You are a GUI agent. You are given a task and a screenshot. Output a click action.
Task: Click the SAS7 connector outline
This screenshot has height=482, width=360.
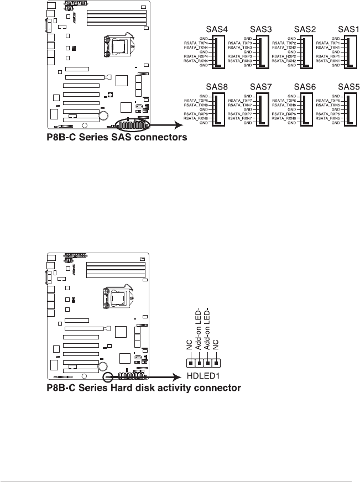(x=264, y=109)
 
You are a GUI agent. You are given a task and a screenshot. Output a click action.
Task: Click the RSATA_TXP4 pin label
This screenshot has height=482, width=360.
(x=196, y=43)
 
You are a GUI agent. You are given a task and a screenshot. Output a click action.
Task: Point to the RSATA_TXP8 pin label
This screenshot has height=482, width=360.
(x=196, y=101)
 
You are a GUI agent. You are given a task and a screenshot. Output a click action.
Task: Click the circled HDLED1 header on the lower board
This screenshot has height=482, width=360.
(x=109, y=375)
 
